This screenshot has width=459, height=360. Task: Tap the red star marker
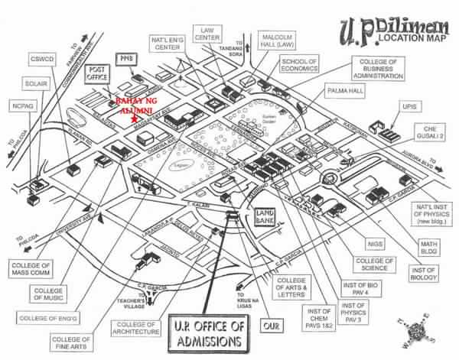135,119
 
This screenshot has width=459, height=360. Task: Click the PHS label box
125,58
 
